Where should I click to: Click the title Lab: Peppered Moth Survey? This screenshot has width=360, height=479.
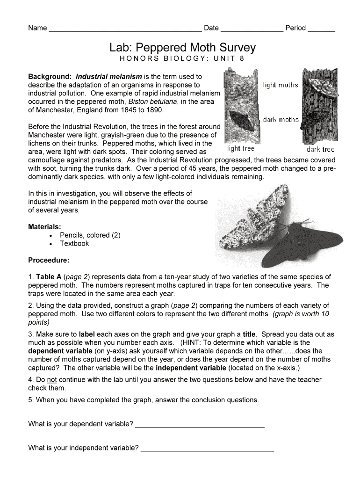pos(183,47)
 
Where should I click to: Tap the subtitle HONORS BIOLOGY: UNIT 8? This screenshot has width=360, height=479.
pos(182,59)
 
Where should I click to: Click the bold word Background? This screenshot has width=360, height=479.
pos(50,76)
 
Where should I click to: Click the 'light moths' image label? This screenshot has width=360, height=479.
pos(281,85)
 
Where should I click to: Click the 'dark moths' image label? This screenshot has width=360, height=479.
pos(281,120)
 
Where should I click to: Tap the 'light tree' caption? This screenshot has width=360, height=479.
pos(241,149)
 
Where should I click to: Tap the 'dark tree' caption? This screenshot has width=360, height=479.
pos(321,150)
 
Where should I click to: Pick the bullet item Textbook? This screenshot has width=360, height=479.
pos(74,244)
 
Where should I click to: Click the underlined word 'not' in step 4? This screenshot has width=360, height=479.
pos(52,379)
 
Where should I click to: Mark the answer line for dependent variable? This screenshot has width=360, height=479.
pos(200,425)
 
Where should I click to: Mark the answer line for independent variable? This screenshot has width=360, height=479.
pos(207,449)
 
